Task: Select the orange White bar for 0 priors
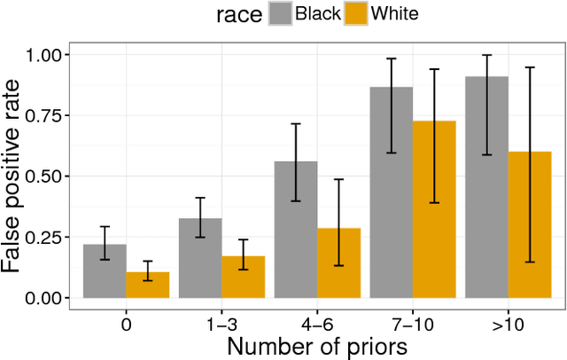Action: (x=148, y=285)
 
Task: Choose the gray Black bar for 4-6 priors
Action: (x=296, y=230)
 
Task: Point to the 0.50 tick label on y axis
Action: (x=45, y=176)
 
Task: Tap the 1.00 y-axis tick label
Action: (x=45, y=55)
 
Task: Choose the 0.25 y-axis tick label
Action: (x=45, y=238)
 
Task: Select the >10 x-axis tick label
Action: (x=508, y=325)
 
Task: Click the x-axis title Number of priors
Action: (x=316, y=347)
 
